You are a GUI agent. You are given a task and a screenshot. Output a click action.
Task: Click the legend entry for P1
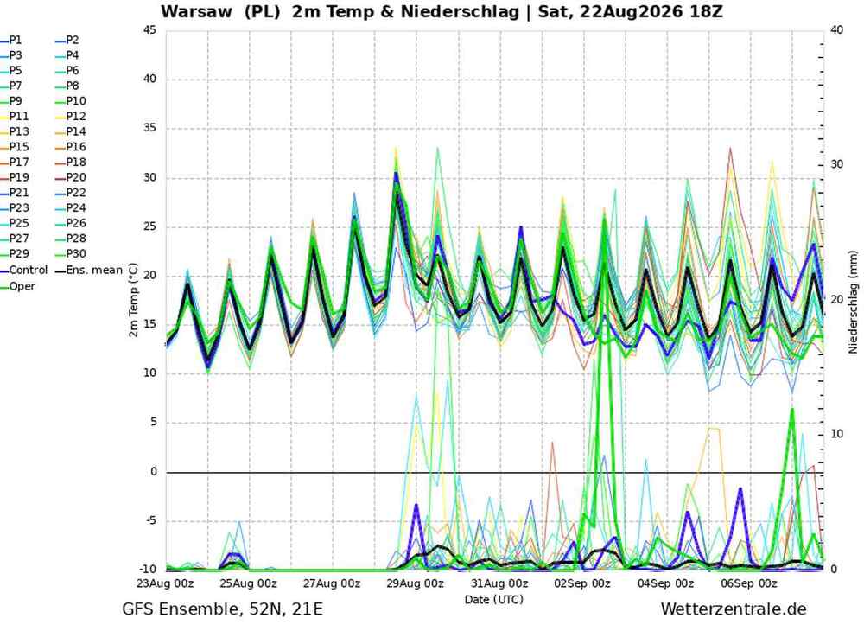coord(11,41)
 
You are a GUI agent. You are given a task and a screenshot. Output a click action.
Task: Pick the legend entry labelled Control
coord(24,270)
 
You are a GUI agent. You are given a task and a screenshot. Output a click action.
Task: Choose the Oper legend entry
coord(17,286)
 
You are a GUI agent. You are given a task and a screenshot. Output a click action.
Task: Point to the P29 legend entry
coord(15,253)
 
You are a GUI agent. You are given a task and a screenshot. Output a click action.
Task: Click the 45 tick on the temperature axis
coord(149,30)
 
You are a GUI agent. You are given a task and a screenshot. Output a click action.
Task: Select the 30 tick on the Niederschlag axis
coord(837,165)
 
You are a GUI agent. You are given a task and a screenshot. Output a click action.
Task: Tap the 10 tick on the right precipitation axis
coord(837,434)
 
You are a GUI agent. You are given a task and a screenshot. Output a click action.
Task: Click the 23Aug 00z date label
coord(165,583)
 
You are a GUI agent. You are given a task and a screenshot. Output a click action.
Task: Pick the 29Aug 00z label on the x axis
coord(416,583)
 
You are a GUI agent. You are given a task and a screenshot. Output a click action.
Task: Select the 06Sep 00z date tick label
coord(749,583)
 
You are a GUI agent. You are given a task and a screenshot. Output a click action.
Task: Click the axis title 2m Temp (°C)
coord(133,300)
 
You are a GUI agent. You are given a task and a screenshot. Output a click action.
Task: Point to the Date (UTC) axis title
coord(493,600)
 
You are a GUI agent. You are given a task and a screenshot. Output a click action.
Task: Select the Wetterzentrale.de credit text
coord(734,609)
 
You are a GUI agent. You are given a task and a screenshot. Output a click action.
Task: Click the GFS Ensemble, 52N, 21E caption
coord(223,609)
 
